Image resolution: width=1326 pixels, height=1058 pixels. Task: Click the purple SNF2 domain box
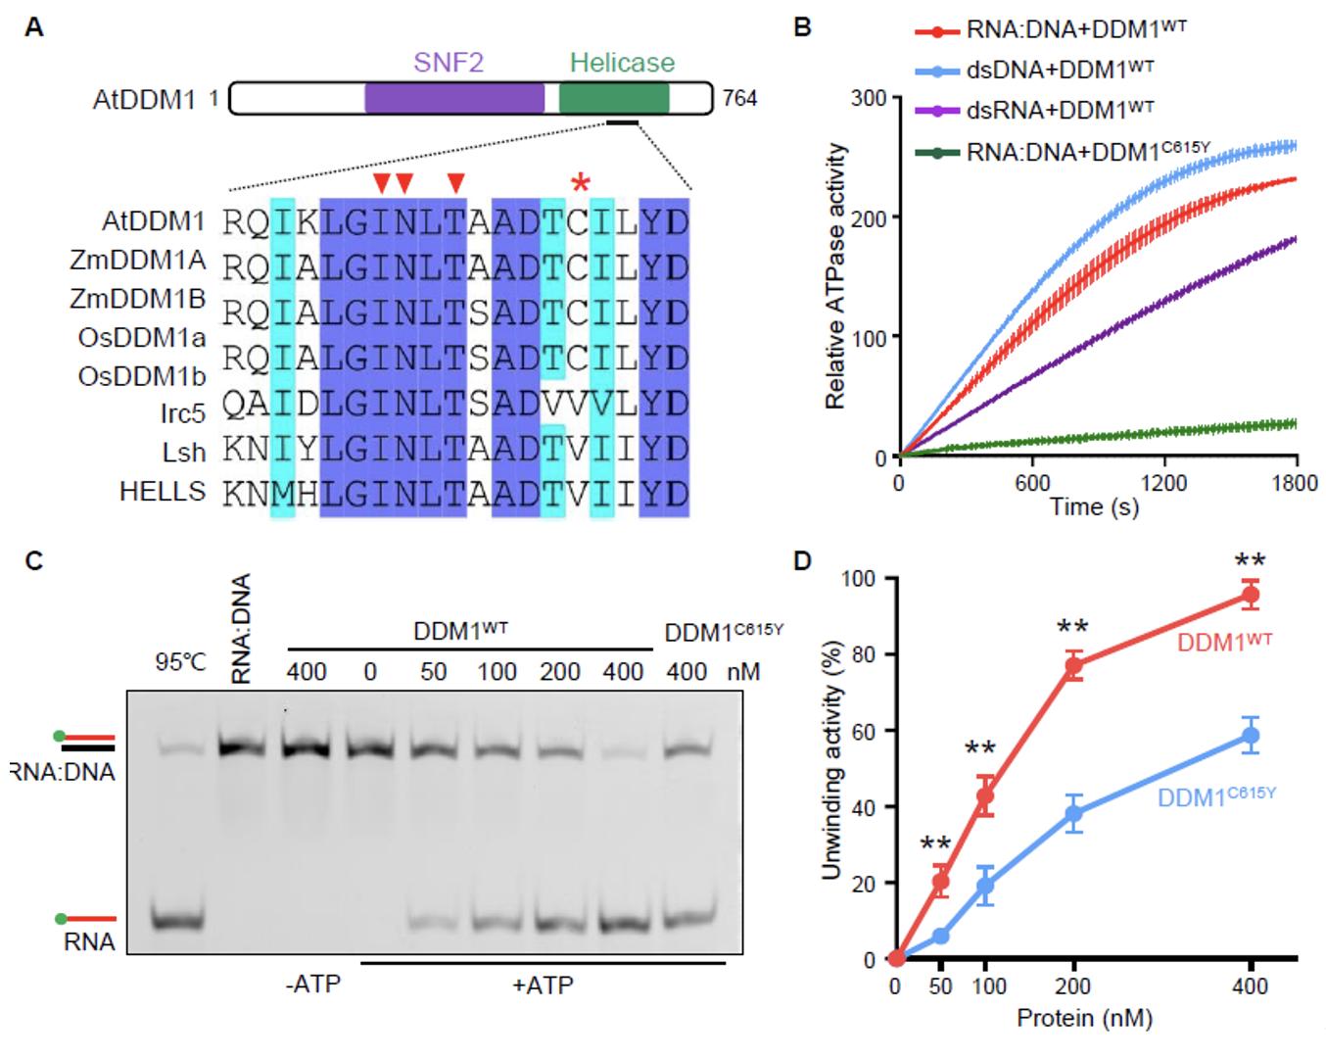tap(454, 98)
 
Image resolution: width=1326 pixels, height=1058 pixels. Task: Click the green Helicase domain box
tap(614, 98)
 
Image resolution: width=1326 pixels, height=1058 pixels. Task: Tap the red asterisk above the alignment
tap(581, 183)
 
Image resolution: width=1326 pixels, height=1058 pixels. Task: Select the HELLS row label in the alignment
tap(163, 492)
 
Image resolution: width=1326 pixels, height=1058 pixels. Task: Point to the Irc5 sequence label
tap(183, 414)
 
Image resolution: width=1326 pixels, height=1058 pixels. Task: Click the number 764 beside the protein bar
tap(739, 98)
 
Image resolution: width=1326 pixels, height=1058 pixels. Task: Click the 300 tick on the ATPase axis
tap(869, 98)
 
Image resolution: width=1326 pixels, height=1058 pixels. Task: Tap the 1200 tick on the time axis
tap(1163, 483)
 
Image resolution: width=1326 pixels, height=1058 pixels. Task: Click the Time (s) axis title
tap(1094, 507)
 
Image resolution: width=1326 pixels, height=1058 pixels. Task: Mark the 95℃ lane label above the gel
tap(181, 663)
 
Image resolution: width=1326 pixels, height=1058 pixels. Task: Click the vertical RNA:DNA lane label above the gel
tap(241, 628)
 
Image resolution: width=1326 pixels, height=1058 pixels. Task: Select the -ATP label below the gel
tap(313, 985)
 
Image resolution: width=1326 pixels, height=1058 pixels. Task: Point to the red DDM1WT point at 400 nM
tap(1250, 595)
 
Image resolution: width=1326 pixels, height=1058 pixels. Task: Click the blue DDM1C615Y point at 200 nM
tap(1074, 813)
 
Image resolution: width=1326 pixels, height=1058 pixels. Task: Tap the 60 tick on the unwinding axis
tap(863, 731)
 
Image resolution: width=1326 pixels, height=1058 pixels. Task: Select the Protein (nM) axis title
tap(1084, 1019)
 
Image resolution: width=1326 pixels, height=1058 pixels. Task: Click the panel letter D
tap(803, 561)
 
